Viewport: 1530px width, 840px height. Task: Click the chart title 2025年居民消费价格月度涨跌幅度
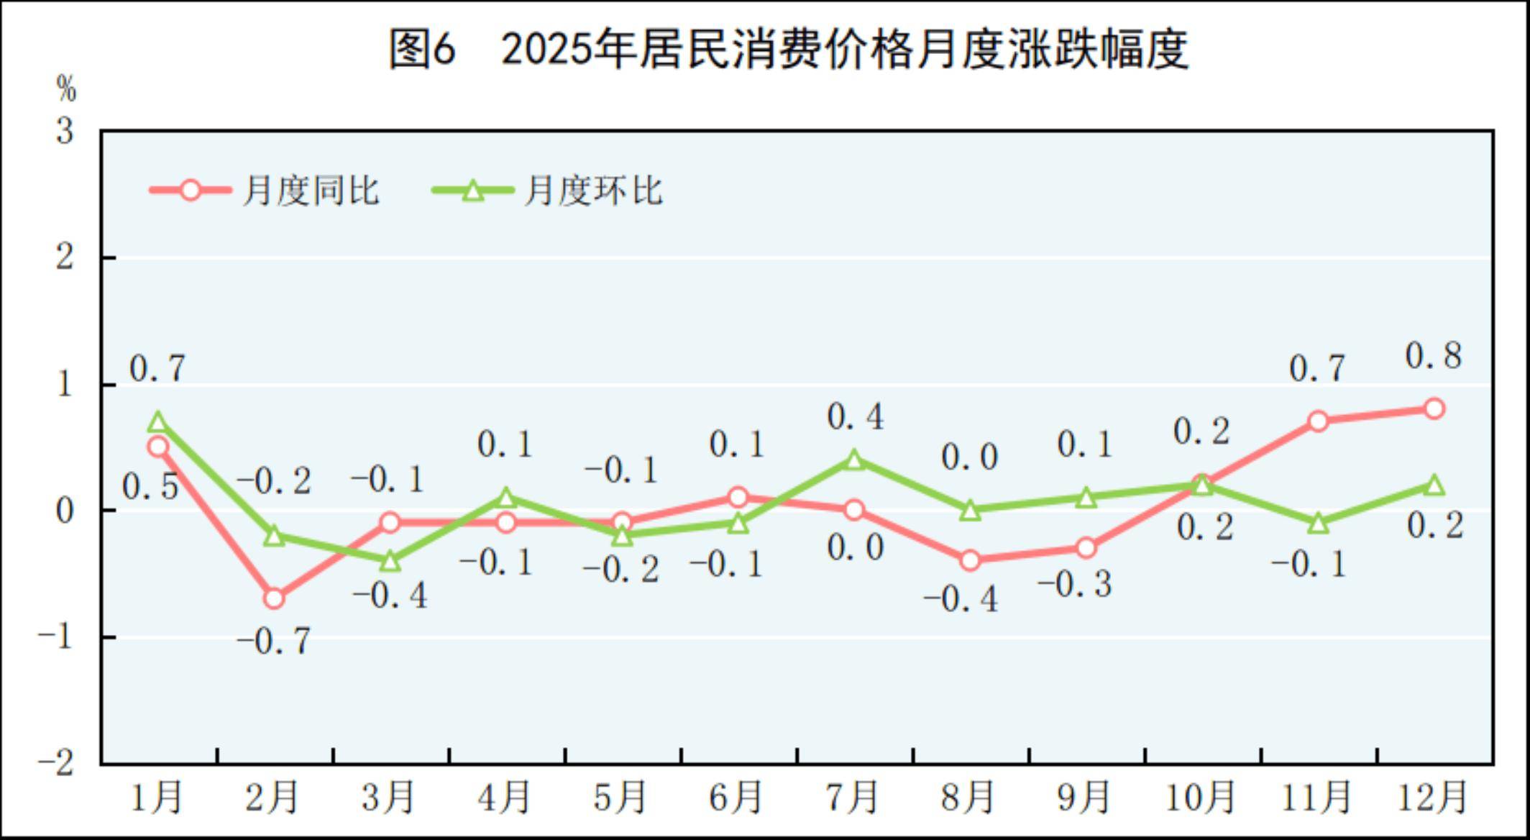tap(788, 49)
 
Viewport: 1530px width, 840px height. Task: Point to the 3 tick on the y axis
tap(65, 132)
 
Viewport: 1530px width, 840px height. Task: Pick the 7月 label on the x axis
tap(853, 797)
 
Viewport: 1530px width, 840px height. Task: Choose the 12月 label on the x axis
tap(1432, 797)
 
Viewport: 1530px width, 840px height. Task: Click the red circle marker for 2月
tap(274, 598)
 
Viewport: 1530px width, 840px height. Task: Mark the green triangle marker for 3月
tap(390, 560)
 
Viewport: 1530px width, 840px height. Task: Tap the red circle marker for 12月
tap(1434, 408)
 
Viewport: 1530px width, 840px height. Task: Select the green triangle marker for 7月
tap(854, 460)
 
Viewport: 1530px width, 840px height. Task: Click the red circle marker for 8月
tap(970, 560)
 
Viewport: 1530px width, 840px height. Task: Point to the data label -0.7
tap(274, 641)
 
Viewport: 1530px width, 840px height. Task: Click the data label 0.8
tap(1434, 356)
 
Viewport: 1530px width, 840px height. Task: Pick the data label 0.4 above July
tap(855, 416)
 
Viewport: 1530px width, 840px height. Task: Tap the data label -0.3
tap(1076, 584)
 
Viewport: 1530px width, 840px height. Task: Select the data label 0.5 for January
tap(150, 487)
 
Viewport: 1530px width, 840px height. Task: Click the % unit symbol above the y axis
tap(66, 89)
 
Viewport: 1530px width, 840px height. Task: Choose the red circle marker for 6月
tap(738, 497)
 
